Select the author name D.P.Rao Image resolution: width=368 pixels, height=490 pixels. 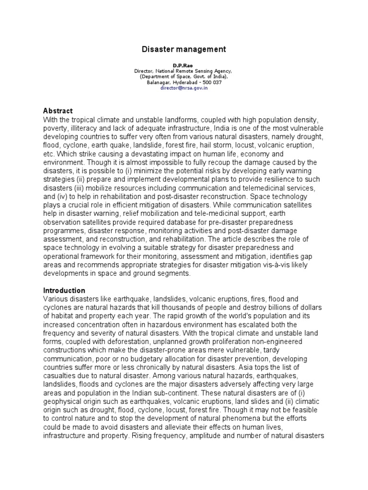184,65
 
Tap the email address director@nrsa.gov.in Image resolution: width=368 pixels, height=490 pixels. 184,88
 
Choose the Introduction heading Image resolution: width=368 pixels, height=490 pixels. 64,290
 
